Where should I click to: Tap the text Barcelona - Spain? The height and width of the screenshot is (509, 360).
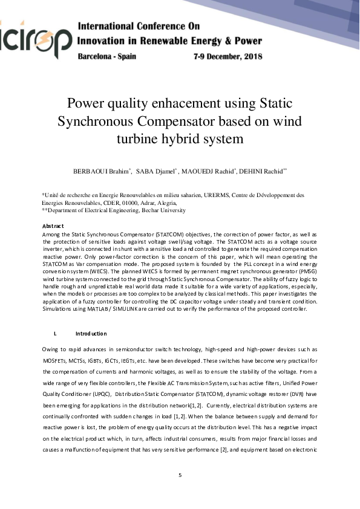coord(107,56)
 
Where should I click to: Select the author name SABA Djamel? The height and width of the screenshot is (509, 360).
coord(154,171)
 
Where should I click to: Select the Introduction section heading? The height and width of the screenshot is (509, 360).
coord(91,334)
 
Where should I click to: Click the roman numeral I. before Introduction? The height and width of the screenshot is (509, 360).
coord(56,334)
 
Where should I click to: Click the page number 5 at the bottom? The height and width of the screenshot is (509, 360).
coord(180,475)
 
